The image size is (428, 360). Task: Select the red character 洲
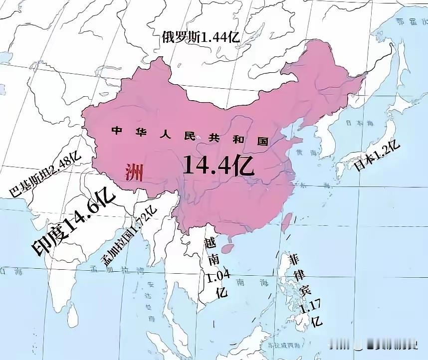[134, 173]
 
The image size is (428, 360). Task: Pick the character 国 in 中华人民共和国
[263, 141]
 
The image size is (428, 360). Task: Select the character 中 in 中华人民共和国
[117, 131]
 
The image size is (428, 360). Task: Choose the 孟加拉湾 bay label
[117, 271]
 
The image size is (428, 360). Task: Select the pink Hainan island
[227, 247]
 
